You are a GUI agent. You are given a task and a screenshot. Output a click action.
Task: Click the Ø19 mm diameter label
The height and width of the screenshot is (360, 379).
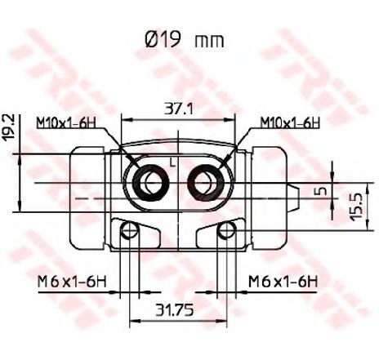(x=185, y=41)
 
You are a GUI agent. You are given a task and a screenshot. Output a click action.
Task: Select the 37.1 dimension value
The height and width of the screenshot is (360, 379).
(x=179, y=109)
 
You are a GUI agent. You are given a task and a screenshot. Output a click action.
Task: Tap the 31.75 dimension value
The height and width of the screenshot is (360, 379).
(x=174, y=310)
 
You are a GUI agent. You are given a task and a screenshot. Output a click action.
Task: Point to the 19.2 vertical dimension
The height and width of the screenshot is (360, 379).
(x=10, y=127)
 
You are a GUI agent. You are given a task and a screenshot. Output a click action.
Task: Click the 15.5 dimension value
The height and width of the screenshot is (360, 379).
(x=356, y=207)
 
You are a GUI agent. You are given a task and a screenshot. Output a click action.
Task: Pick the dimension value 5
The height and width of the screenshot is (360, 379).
(x=322, y=191)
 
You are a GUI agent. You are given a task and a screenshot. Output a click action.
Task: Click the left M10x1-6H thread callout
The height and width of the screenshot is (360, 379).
(x=67, y=123)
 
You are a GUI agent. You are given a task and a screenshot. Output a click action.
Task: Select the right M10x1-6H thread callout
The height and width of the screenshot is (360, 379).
(x=290, y=123)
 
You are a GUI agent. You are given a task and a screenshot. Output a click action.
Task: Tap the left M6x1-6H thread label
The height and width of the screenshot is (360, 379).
(x=72, y=282)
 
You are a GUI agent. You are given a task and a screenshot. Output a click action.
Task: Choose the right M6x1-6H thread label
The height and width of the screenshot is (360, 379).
(x=283, y=282)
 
